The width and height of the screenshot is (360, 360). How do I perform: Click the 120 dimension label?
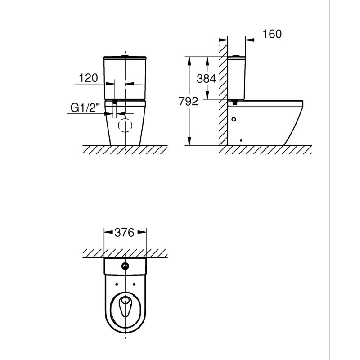coord(88,78)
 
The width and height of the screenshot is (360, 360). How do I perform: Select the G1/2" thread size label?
coord(85,108)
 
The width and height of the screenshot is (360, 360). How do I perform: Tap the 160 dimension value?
coord(272,34)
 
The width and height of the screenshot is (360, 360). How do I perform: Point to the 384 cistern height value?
coord(207,79)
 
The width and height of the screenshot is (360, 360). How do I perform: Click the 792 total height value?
coord(189,102)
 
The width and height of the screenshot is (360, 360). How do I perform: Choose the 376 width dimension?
coord(125,233)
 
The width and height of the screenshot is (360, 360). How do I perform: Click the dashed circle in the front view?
coord(125,126)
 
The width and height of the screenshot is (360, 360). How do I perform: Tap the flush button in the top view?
coord(125,266)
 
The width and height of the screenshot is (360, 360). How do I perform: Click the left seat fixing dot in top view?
coord(117,284)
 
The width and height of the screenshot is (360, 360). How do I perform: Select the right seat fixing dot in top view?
coord(134,284)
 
